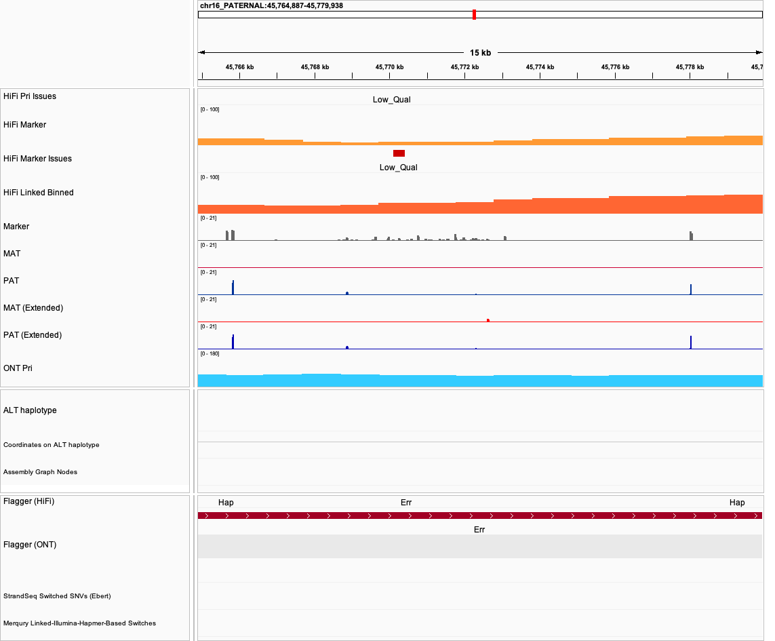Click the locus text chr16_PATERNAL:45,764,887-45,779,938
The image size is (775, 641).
[x=271, y=5]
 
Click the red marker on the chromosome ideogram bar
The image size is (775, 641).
[x=474, y=15]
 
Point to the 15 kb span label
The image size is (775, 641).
[x=480, y=53]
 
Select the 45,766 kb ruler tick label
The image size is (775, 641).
[x=240, y=67]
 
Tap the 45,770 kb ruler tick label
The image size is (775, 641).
[x=390, y=67]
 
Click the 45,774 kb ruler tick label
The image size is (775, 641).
[x=540, y=67]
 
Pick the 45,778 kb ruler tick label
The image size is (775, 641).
[x=690, y=67]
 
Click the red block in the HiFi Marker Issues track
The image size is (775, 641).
[x=399, y=153]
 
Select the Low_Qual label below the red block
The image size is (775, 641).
[x=399, y=168]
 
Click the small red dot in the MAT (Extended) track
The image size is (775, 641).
[x=488, y=319]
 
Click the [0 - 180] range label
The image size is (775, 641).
[x=210, y=353]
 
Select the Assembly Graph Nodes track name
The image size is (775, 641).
[x=40, y=472]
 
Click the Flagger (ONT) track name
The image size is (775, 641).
[x=30, y=545]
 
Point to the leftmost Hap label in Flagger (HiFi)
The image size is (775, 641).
[x=226, y=503]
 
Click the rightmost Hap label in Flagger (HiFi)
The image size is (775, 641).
[x=737, y=503]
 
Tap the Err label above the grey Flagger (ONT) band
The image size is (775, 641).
[x=479, y=530]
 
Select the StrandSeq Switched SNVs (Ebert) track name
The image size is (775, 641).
[x=57, y=596]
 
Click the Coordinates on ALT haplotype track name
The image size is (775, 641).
[x=52, y=445]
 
